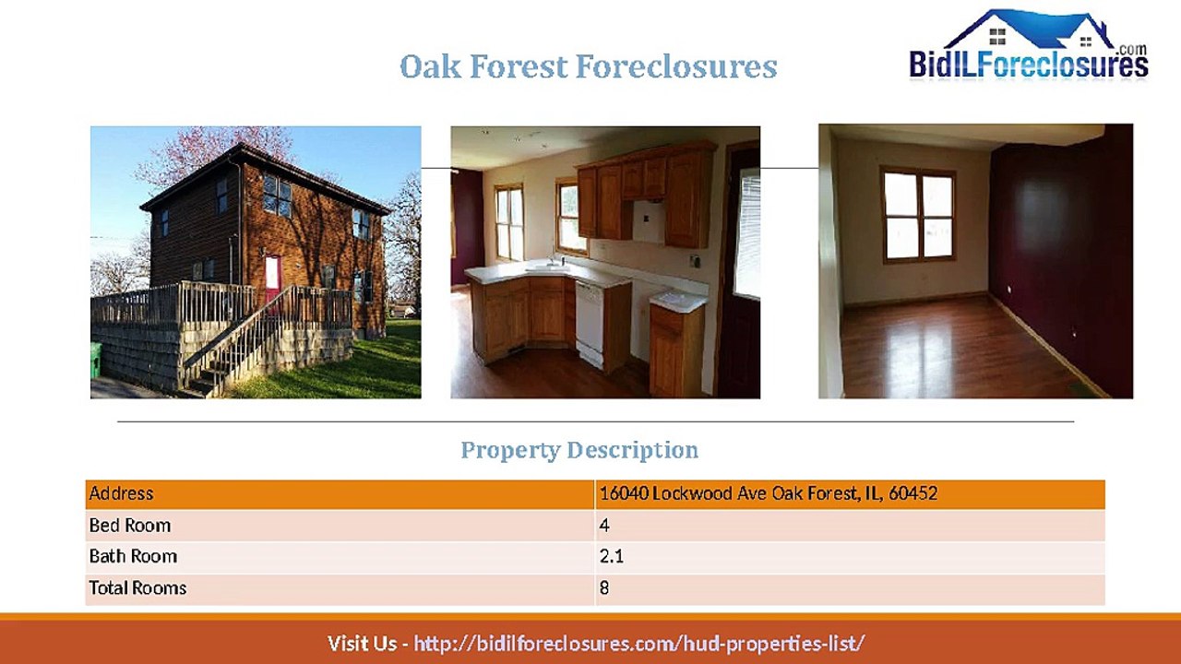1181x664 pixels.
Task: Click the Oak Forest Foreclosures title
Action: [x=588, y=67]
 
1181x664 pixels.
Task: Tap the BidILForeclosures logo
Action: [x=1029, y=46]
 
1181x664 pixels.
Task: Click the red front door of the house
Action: [x=272, y=279]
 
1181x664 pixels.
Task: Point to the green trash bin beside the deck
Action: [x=96, y=361]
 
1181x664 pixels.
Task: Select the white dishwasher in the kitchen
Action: [x=589, y=324]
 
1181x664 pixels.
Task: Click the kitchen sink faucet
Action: [x=555, y=262]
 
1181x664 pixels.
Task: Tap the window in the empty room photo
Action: [x=917, y=215]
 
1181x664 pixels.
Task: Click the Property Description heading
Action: [x=579, y=450]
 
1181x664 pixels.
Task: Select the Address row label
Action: [x=121, y=493]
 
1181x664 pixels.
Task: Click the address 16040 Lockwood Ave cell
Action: [x=769, y=493]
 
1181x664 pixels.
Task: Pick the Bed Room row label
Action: [x=130, y=526]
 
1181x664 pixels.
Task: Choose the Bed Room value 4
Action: [x=604, y=526]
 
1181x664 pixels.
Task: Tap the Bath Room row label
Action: [x=133, y=556]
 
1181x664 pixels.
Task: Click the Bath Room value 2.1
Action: [x=612, y=556]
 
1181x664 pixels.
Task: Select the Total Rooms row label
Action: [x=137, y=587]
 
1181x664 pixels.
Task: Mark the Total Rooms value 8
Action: [x=604, y=587]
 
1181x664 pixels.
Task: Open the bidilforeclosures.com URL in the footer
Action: [x=638, y=643]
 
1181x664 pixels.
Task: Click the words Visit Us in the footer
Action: [x=362, y=643]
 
